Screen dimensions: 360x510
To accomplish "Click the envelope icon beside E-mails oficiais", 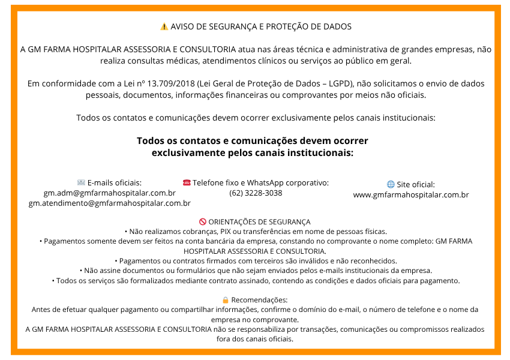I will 81,182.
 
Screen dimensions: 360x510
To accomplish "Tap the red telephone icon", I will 187,182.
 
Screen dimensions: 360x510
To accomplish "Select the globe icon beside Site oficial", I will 391,185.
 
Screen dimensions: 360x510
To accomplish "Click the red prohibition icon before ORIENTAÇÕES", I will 202,222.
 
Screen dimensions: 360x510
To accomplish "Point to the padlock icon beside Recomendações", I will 226,300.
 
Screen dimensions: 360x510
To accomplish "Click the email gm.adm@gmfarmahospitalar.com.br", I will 110,193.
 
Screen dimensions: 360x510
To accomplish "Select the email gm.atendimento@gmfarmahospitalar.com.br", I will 110,203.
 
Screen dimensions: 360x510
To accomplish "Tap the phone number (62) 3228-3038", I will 256,193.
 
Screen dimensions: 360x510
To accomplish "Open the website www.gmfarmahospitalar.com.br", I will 411,195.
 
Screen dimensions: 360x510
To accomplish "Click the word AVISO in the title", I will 182,27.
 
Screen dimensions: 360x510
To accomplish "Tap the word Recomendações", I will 259,300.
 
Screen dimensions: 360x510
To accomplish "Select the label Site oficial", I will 415,185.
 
